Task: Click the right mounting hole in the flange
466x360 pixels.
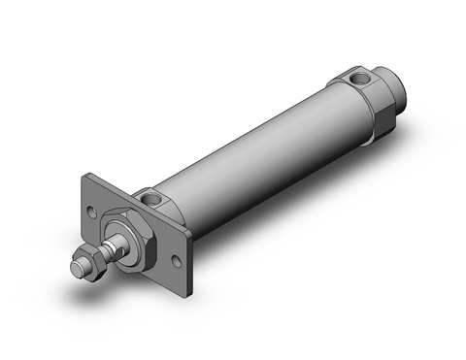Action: click(x=176, y=261)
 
